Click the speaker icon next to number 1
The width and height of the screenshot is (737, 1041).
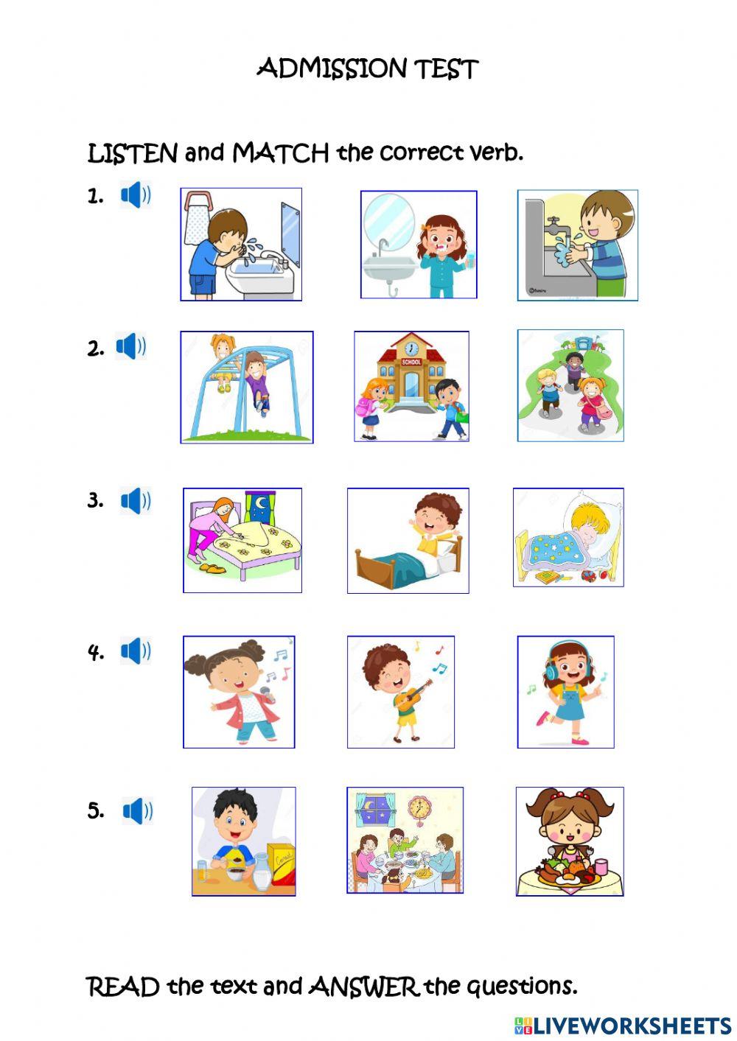[x=136, y=195]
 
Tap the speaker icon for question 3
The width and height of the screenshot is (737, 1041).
[x=136, y=501]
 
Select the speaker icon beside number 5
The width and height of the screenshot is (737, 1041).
[x=137, y=811]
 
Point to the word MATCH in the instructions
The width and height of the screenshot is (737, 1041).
[x=281, y=153]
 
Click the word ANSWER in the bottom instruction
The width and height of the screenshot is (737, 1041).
[x=364, y=986]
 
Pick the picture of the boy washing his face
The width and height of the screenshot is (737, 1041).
[x=241, y=245]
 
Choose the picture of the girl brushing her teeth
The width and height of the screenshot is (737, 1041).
[x=419, y=245]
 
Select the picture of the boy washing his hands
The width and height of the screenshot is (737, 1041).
[x=578, y=245]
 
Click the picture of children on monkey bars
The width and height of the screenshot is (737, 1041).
[x=247, y=387]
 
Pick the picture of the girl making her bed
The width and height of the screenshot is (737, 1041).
[x=242, y=540]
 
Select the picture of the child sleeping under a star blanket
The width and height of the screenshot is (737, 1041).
[x=568, y=537]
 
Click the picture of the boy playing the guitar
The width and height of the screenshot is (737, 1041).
[x=401, y=692]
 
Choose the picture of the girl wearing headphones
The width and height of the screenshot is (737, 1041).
[x=565, y=692]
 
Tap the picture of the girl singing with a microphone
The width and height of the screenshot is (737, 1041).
[x=239, y=692]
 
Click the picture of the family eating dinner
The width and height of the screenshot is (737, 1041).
[x=405, y=840]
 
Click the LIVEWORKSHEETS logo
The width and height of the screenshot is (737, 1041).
[x=623, y=1026]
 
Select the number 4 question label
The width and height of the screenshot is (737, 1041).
[x=96, y=652]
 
